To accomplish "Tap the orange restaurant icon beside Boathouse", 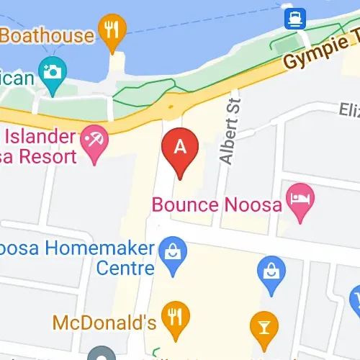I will [x=112, y=30].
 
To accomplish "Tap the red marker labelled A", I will [x=180, y=148].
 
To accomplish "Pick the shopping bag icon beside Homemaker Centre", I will [x=174, y=252].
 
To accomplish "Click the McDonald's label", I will [x=104, y=319].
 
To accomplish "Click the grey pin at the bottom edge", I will [x=102, y=355].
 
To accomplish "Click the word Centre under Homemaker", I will [x=125, y=269].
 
